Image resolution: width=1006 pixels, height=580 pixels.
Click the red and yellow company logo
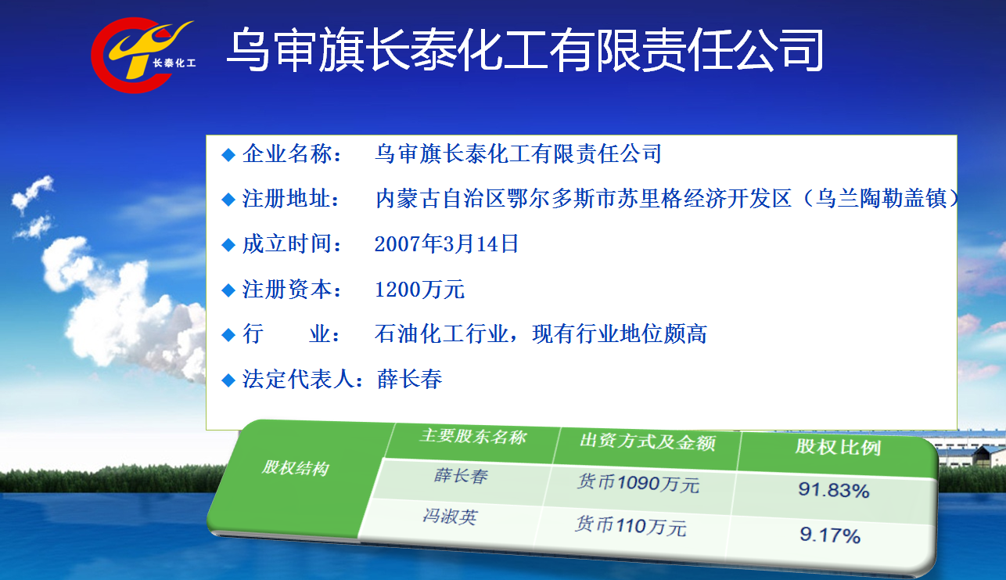(x=144, y=55)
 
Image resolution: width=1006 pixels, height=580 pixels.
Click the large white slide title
(x=526, y=49)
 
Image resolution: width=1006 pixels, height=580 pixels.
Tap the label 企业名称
(x=287, y=154)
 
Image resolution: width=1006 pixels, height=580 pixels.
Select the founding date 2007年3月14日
(x=447, y=244)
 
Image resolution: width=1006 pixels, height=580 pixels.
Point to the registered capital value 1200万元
(x=419, y=290)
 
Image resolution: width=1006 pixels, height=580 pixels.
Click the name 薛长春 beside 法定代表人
(x=410, y=379)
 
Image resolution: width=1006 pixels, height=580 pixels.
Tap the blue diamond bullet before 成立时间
(x=228, y=245)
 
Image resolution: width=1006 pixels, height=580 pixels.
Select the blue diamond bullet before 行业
(x=228, y=335)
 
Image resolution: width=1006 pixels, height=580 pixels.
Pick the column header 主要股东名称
(x=473, y=436)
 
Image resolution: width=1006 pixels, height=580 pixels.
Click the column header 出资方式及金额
(x=648, y=441)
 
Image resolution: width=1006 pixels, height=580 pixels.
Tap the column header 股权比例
(x=838, y=447)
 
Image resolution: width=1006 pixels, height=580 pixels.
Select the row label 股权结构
(x=296, y=468)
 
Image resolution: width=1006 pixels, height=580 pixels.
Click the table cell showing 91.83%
(x=834, y=490)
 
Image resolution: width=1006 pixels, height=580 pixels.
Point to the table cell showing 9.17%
(x=830, y=535)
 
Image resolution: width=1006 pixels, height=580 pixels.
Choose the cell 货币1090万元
(x=638, y=484)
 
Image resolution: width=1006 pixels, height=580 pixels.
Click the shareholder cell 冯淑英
(x=450, y=517)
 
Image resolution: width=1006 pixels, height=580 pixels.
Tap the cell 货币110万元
(x=631, y=526)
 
